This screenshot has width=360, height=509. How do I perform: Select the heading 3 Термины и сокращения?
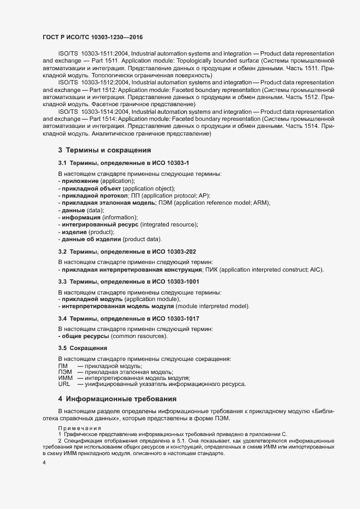(104, 150)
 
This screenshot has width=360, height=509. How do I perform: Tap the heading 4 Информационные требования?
(118, 398)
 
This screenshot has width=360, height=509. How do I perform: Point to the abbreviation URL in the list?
(64, 384)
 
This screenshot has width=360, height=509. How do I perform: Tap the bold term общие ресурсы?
(83, 336)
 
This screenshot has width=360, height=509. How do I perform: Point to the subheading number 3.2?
(63, 252)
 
